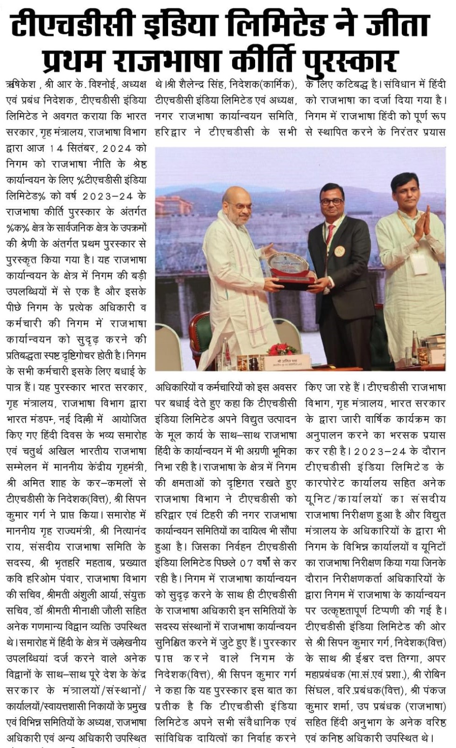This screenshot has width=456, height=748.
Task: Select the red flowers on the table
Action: point(282,349)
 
